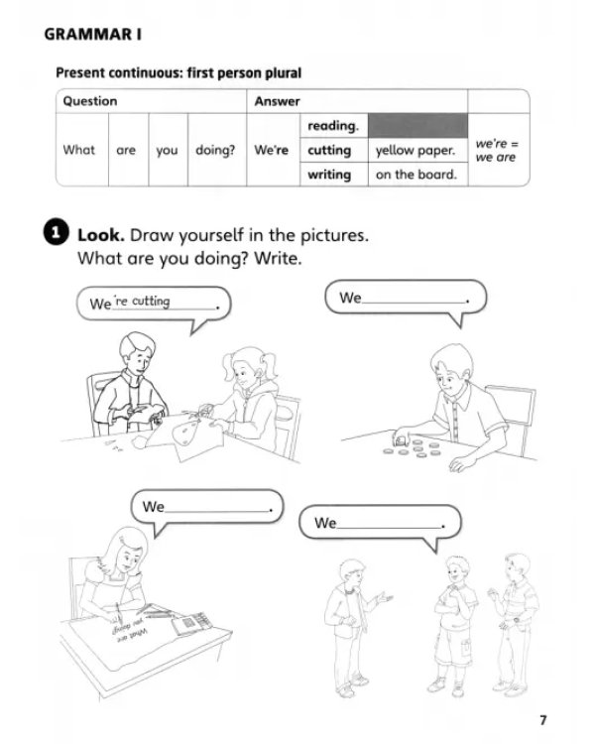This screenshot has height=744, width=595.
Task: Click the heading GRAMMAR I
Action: [92, 35]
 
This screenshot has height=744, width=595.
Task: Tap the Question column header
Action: [90, 101]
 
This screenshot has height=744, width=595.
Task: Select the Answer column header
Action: [277, 101]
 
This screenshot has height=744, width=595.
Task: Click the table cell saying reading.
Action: [333, 126]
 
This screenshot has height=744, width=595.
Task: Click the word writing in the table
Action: [329, 175]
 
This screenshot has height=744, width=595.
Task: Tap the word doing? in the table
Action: [215, 151]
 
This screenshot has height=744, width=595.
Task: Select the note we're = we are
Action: [496, 150]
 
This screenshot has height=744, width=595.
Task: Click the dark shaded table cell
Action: [418, 126]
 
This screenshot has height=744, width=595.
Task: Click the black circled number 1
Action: [56, 232]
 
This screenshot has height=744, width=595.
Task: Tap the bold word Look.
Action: [100, 235]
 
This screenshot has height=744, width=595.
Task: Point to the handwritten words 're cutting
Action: [143, 302]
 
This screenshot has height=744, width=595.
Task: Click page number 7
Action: [543, 720]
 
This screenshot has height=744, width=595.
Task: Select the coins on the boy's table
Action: [413, 447]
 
